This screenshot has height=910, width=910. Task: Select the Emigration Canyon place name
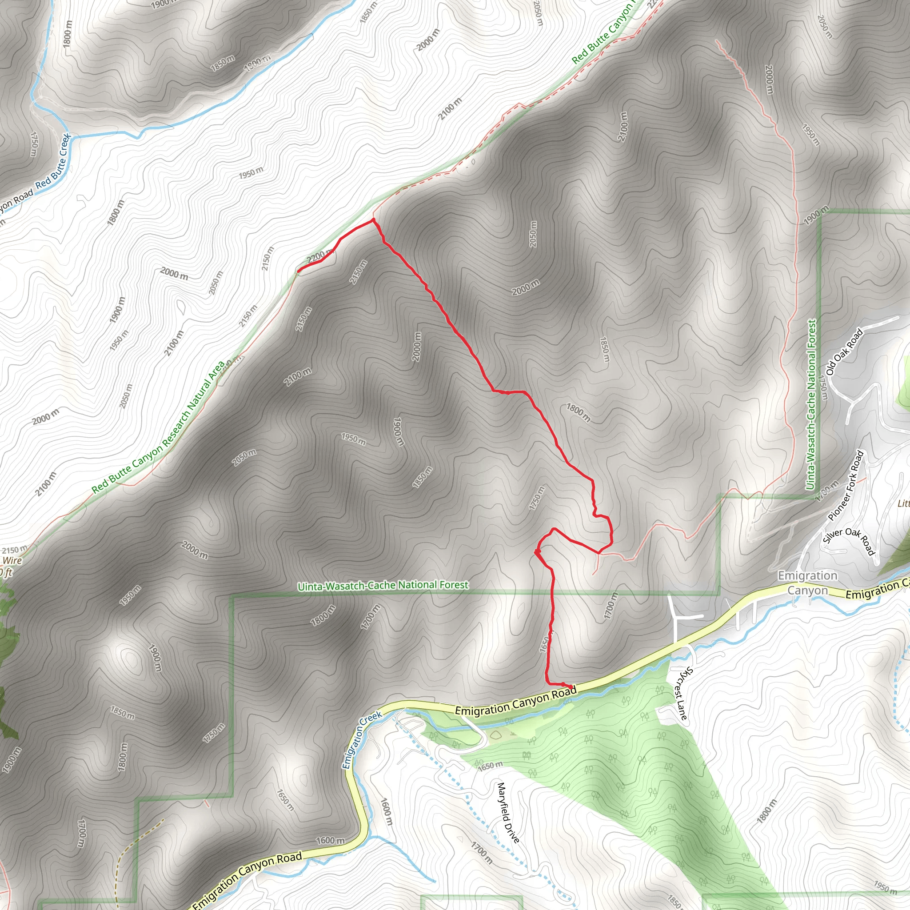tap(807, 583)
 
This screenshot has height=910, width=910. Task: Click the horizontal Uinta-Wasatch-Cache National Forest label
tap(383, 586)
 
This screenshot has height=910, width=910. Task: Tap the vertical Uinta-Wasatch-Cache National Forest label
tap(811, 405)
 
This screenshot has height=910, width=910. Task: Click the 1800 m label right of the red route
tap(579, 413)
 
